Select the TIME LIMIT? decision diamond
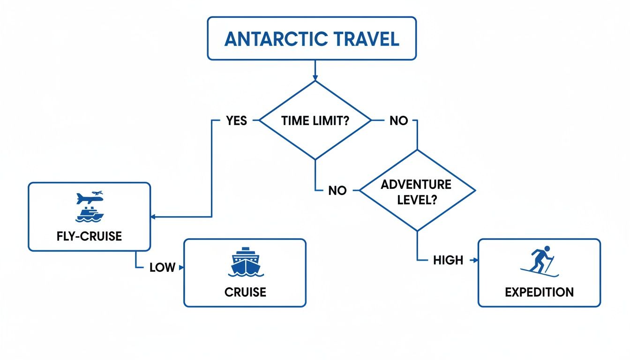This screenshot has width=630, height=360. (x=315, y=120)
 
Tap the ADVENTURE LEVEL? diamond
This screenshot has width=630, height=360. (x=416, y=191)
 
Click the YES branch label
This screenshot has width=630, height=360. (x=236, y=120)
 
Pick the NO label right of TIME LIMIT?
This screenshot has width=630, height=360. (x=398, y=120)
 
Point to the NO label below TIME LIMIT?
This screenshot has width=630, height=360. (x=337, y=191)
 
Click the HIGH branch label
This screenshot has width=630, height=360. (x=448, y=260)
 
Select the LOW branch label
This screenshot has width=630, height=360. (x=162, y=268)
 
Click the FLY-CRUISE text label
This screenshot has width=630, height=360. (x=89, y=236)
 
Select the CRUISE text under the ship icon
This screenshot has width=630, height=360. (x=245, y=292)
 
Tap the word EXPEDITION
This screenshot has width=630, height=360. (x=539, y=292)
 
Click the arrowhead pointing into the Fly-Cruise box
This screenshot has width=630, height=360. (x=153, y=217)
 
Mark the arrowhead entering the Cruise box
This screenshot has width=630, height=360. (x=181, y=268)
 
